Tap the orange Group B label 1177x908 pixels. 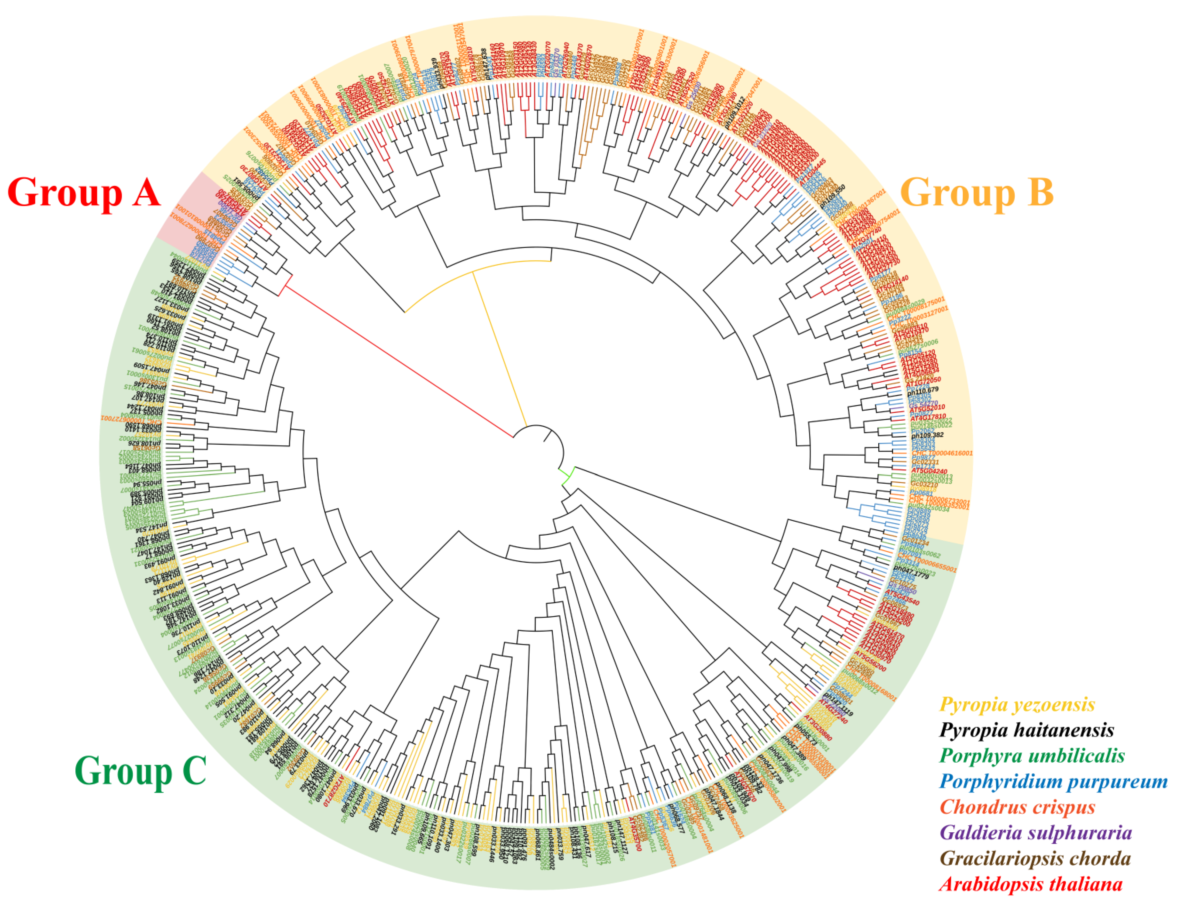pyautogui.click(x=976, y=192)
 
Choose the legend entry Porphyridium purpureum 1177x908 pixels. pyautogui.click(x=1053, y=781)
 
